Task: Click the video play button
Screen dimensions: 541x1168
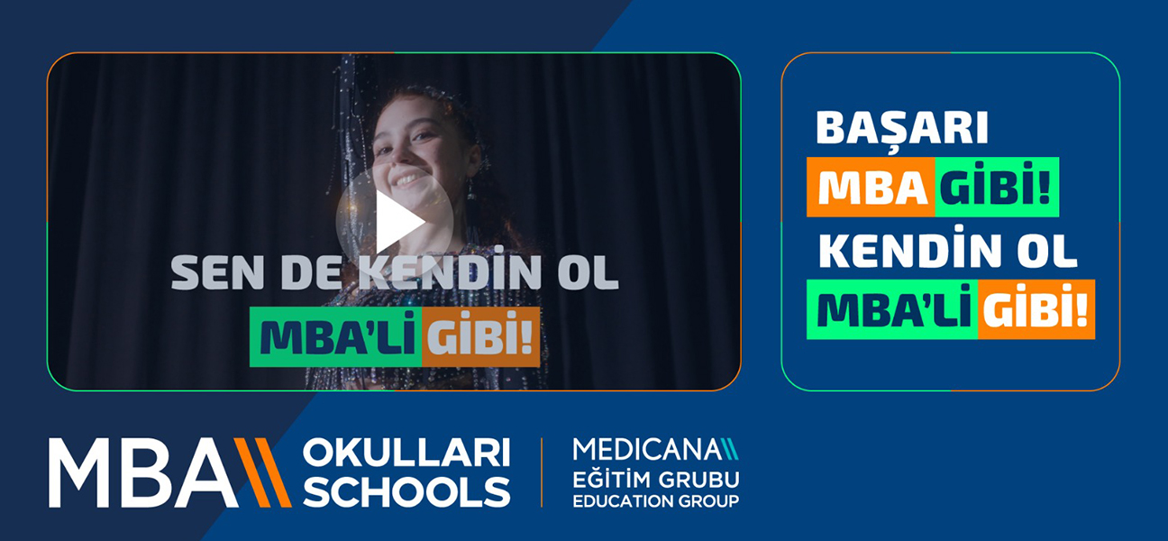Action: [x=394, y=222]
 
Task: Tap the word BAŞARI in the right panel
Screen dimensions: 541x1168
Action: [x=902, y=130]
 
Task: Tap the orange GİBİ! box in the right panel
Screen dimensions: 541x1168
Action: [x=1036, y=309]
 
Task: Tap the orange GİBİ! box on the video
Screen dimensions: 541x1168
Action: [x=480, y=337]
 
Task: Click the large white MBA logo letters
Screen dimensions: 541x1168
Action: [x=143, y=473]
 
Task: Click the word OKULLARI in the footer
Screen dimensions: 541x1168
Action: [x=406, y=454]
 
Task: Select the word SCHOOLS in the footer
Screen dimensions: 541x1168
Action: [x=406, y=491]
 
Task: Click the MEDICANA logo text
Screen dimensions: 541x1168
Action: [x=643, y=448]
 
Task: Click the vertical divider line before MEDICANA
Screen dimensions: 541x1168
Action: [x=542, y=472]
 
